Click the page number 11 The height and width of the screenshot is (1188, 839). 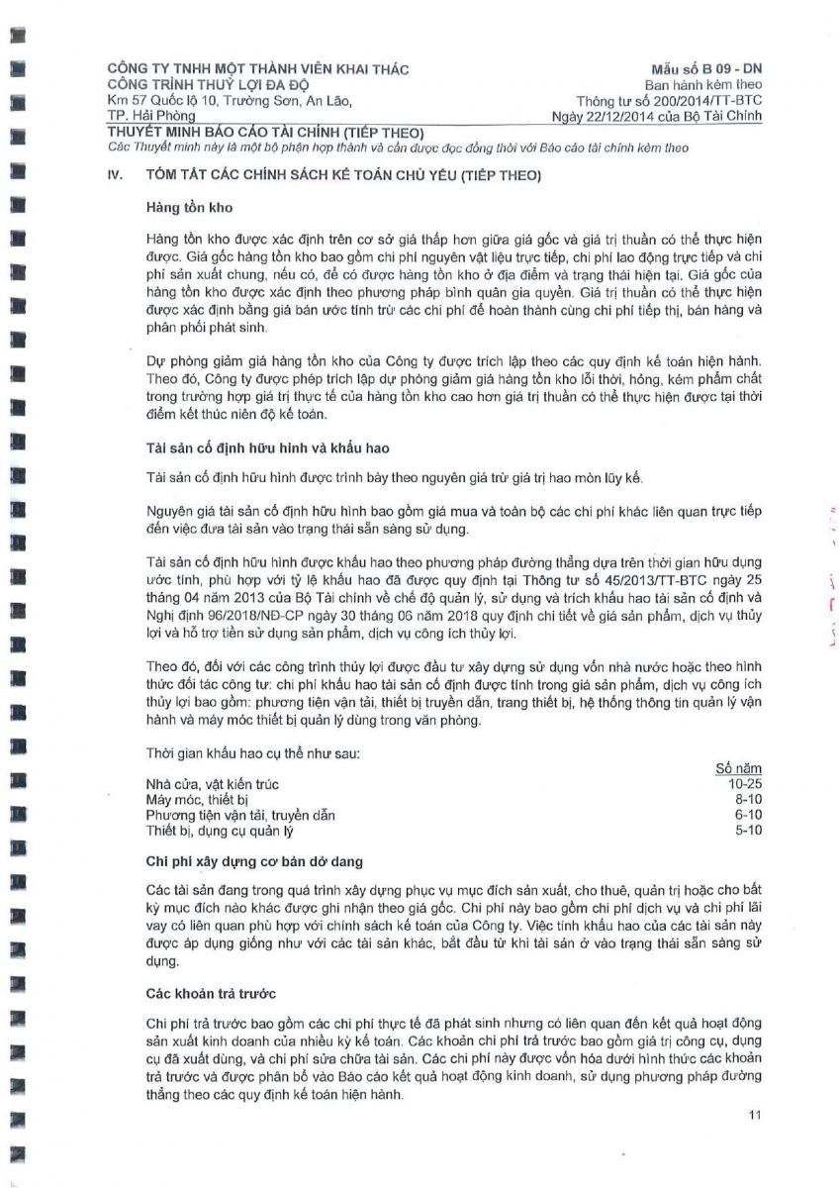click(755, 1117)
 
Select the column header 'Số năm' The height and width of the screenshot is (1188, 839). click(738, 768)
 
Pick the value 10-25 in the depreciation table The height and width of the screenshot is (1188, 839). click(743, 784)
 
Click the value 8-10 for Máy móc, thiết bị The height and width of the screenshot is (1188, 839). click(748, 799)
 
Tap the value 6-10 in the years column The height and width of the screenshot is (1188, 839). click(748, 815)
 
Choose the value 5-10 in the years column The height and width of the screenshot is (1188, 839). click(748, 830)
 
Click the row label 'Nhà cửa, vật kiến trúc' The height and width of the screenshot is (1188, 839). click(212, 785)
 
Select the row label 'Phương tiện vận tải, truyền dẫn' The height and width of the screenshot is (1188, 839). click(240, 816)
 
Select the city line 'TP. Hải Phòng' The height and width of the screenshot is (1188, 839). click(152, 117)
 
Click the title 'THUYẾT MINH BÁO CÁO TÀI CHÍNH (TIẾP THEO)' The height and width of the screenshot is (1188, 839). click(265, 133)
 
